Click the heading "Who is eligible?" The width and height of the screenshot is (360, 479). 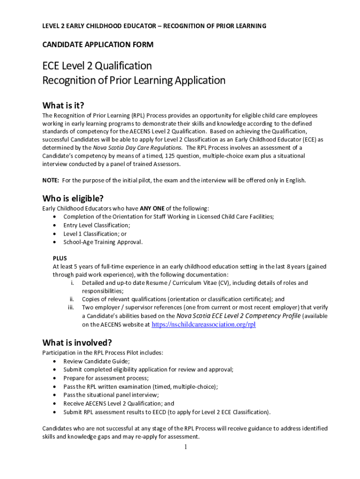pyautogui.click(x=73, y=198)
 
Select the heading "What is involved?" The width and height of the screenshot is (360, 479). pyautogui.click(x=77, y=342)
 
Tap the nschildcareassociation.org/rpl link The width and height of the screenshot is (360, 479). pyautogui.click(x=204, y=325)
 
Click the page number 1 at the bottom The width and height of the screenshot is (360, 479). pyautogui.click(x=185, y=447)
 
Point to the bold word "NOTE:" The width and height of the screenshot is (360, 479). pyautogui.click(x=51, y=181)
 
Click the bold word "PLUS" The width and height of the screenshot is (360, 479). pyautogui.click(x=60, y=258)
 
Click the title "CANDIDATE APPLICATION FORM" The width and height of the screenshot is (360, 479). pyautogui.click(x=98, y=45)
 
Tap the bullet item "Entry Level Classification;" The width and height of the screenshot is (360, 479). pyautogui.click(x=97, y=225)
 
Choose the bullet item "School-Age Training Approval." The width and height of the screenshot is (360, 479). pyautogui.click(x=103, y=242)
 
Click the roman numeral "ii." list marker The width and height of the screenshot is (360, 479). pyautogui.click(x=72, y=299)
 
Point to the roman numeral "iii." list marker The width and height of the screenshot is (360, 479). pyautogui.click(x=71, y=308)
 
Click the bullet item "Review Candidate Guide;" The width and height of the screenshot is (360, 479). pyautogui.click(x=97, y=361)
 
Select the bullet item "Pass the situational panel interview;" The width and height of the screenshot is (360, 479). pyautogui.click(x=111, y=395)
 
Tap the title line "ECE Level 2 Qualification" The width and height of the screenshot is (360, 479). pyautogui.click(x=97, y=65)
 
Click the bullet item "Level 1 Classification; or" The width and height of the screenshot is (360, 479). pyautogui.click(x=95, y=233)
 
